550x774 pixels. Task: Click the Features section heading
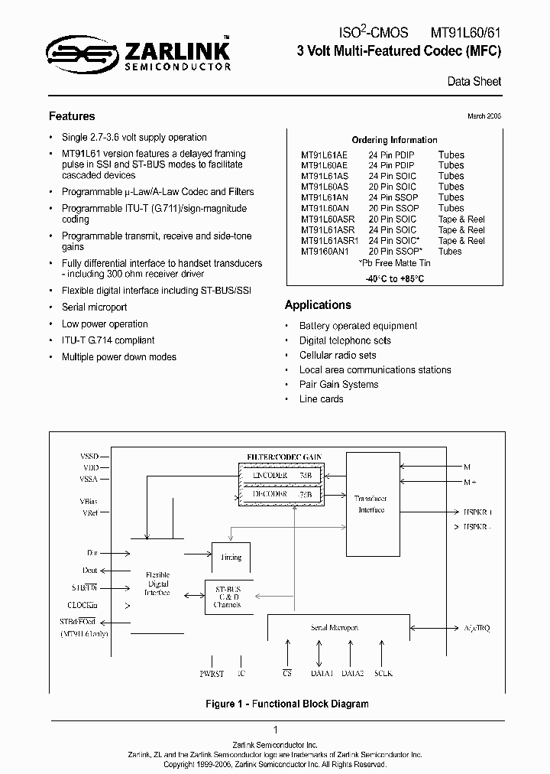click(x=72, y=116)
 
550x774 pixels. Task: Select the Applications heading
click(x=318, y=304)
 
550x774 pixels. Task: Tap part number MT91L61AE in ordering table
click(x=324, y=154)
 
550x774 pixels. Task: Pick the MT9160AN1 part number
click(x=325, y=251)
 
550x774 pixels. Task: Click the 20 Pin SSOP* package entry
click(x=393, y=251)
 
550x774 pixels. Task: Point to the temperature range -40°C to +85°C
click(x=394, y=278)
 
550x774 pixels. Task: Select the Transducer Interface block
click(x=371, y=504)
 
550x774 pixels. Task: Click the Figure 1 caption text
click(x=287, y=704)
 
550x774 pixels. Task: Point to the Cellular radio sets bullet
click(x=337, y=355)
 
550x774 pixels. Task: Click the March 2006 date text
click(x=484, y=116)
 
